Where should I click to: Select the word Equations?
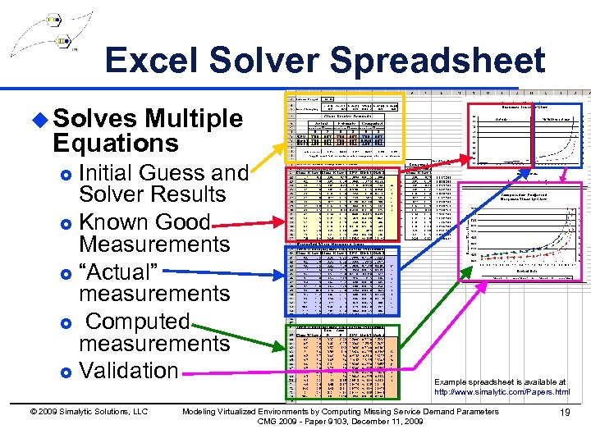pos(115,144)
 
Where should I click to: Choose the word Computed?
pos(138,321)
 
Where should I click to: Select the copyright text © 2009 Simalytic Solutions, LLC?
pos(86,412)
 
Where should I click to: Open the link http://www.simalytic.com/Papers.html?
pos(502,392)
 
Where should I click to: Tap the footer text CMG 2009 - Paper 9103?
pos(340,422)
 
